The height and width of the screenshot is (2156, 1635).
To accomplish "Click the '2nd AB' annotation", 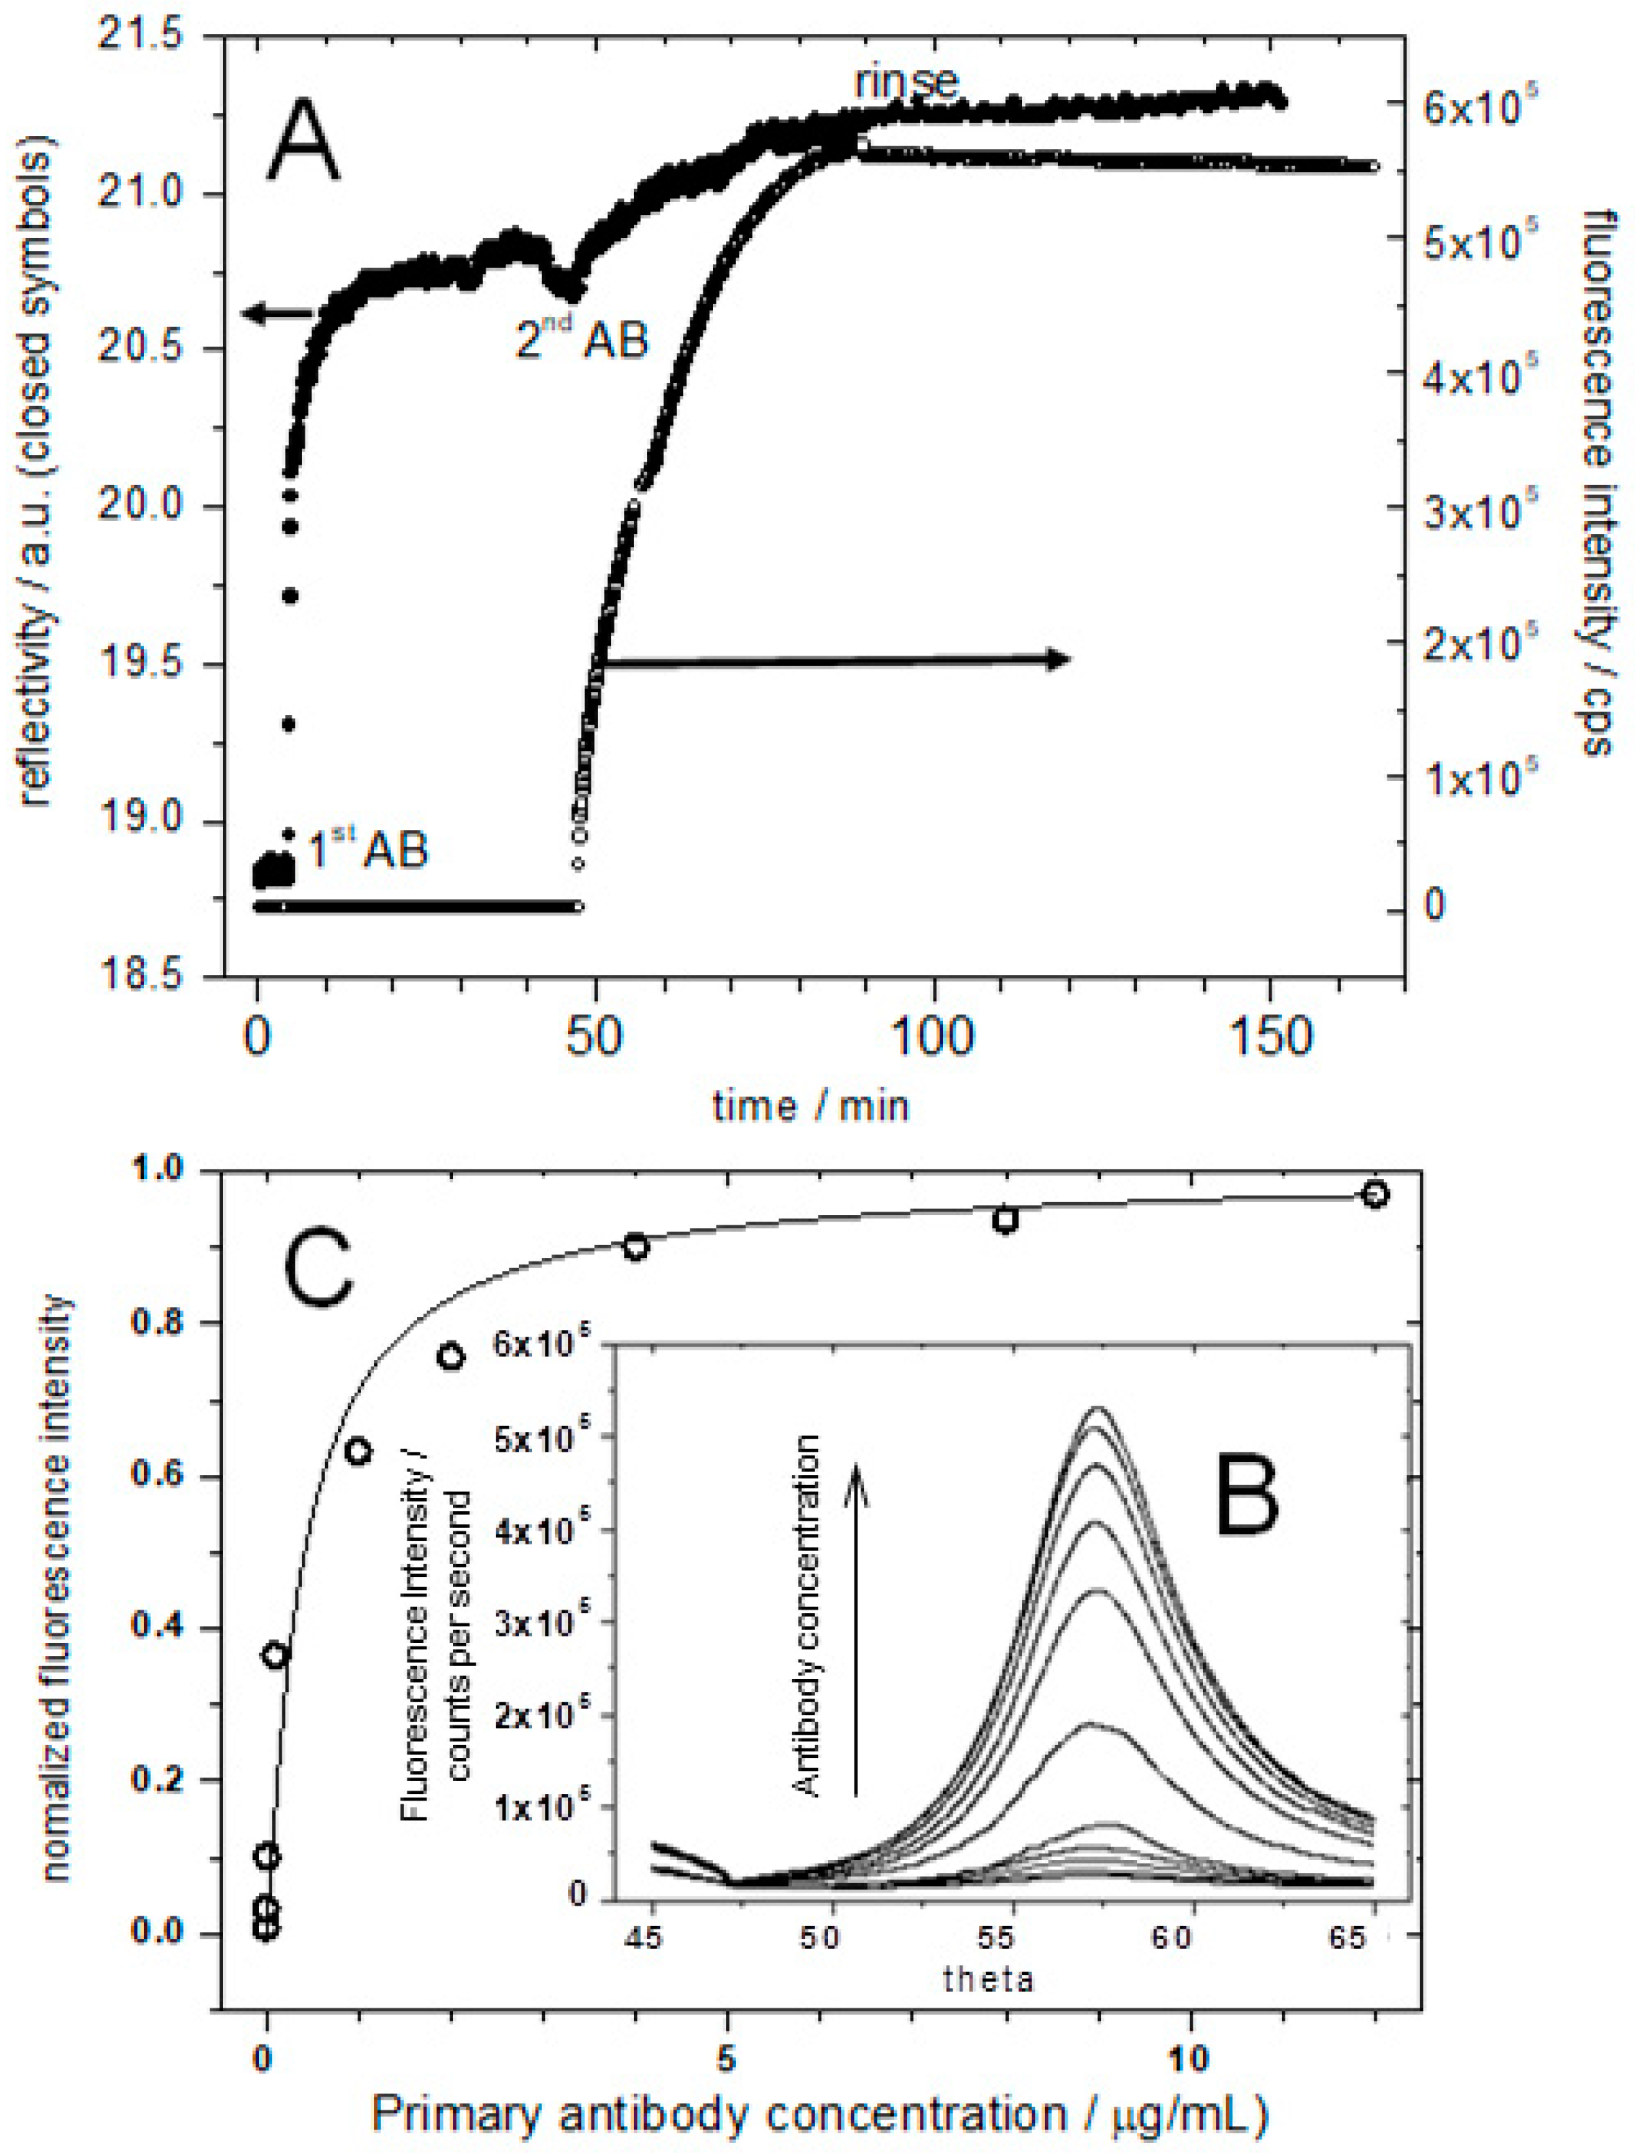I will (582, 340).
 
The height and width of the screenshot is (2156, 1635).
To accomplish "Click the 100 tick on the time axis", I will (933, 1039).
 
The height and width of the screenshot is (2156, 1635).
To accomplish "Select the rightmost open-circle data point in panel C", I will (1374, 1195).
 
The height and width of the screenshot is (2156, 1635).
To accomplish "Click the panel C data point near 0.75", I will (449, 1357).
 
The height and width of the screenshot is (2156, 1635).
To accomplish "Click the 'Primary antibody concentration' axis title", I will (819, 2112).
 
